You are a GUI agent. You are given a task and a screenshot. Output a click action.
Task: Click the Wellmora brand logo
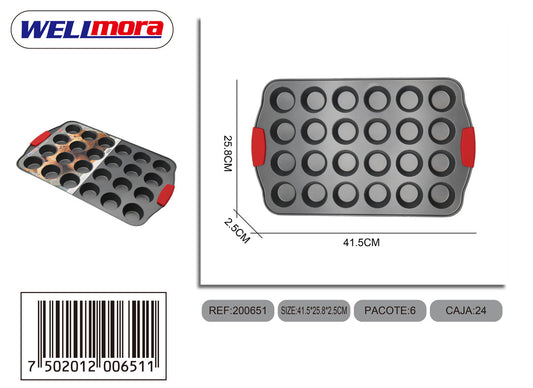click(x=92, y=30)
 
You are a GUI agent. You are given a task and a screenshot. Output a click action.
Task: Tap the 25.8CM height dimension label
click(x=228, y=153)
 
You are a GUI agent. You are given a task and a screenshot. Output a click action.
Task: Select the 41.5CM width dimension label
click(x=361, y=242)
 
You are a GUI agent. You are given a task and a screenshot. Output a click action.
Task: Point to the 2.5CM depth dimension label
click(x=237, y=231)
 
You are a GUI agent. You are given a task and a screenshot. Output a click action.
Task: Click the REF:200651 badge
click(x=238, y=310)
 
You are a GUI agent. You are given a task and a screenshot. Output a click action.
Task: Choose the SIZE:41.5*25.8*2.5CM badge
click(x=314, y=310)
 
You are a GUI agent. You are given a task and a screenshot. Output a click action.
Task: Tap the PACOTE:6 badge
click(x=390, y=310)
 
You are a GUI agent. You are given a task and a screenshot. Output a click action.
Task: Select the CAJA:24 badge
click(x=466, y=310)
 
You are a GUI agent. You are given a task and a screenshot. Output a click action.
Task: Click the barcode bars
click(x=98, y=330)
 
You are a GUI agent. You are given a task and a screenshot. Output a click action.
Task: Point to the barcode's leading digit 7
click(x=32, y=367)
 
